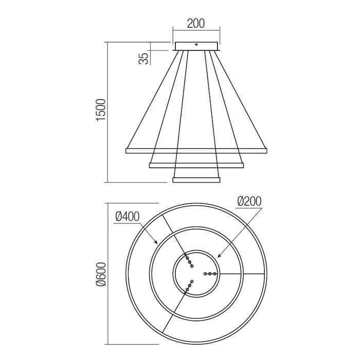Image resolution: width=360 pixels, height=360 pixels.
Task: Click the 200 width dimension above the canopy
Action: point(195,23)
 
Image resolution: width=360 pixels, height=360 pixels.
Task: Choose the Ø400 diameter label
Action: point(126,217)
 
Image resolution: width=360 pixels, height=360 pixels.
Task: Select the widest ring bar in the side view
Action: point(196,151)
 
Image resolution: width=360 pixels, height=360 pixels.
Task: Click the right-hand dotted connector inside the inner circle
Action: point(210,274)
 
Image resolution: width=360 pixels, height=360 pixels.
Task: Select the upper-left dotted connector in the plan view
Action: point(189,261)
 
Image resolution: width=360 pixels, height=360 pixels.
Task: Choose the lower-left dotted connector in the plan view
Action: point(190,286)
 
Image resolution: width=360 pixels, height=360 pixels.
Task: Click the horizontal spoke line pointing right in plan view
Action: point(242,274)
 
